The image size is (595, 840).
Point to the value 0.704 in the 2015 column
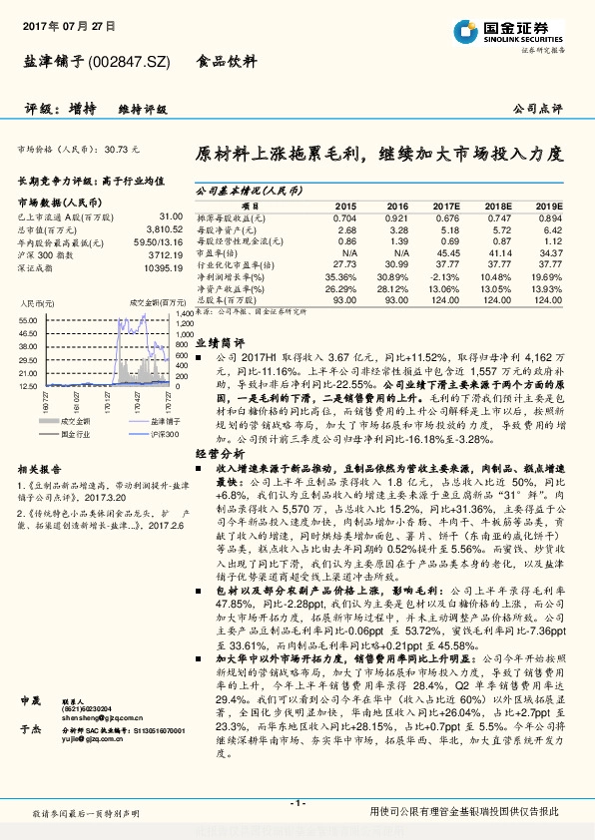click(x=343, y=216)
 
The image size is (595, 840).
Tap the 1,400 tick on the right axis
click(x=183, y=319)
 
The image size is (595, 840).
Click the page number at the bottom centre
click(x=297, y=804)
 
